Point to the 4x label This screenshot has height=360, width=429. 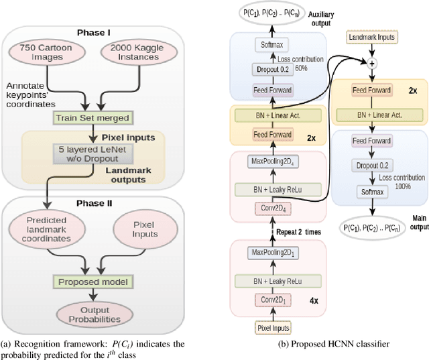coord(314,300)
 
